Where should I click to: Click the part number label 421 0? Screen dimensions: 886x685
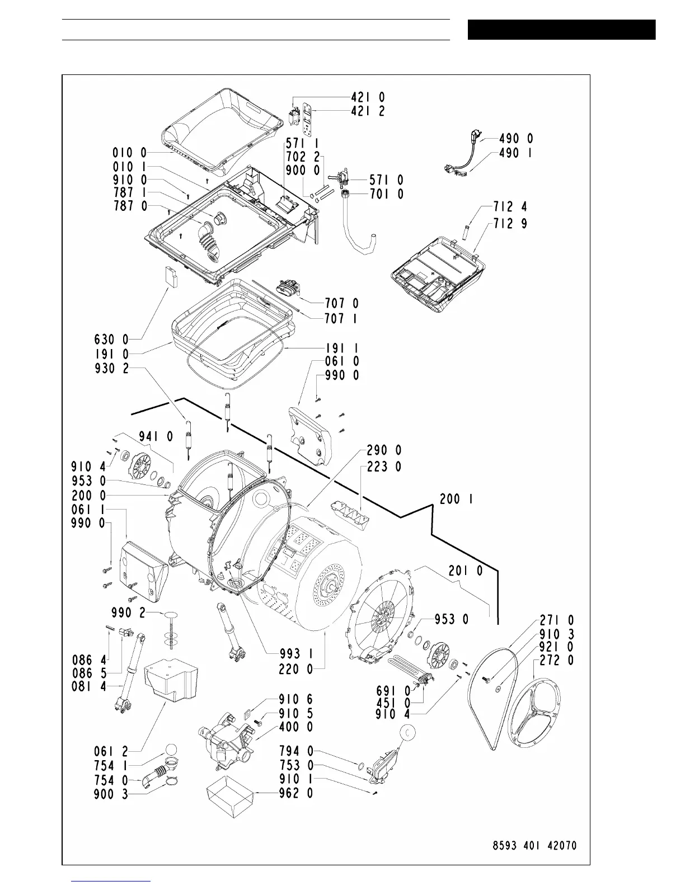[368, 98]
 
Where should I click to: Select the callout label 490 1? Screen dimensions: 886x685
[515, 153]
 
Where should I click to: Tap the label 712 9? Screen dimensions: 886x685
[510, 224]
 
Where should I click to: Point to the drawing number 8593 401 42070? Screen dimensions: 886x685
[531, 845]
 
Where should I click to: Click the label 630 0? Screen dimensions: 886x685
[112, 339]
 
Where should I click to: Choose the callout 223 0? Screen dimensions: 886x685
[384, 466]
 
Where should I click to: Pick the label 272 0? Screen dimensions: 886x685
[557, 661]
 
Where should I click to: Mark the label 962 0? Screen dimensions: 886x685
[296, 793]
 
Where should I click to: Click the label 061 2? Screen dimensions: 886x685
[111, 751]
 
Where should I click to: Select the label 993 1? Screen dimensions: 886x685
[296, 653]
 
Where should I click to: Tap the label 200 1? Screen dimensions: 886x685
[457, 499]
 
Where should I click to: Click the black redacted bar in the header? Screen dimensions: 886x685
[561, 30]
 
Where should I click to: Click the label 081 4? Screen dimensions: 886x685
[90, 686]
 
